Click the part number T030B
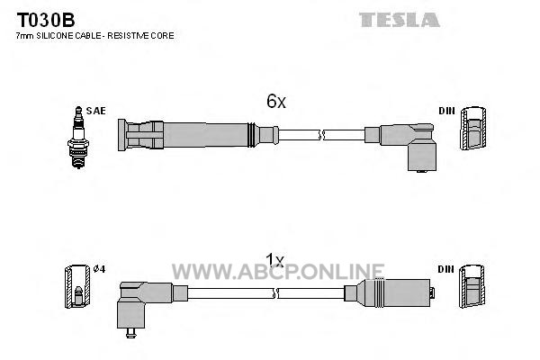point(46,21)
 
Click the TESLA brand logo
point(400,20)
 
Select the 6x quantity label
point(276,101)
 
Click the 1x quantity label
point(274,260)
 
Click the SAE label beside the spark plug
point(95,111)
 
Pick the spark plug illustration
point(78,137)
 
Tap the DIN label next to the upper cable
point(446,111)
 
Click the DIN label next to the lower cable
point(446,269)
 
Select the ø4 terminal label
point(99,269)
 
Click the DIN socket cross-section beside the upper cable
point(473,128)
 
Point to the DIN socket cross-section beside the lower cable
point(472,286)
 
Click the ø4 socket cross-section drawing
point(77,286)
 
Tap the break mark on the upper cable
point(321,135)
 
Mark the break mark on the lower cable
point(275,293)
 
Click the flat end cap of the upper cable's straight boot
point(121,135)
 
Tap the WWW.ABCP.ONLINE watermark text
point(278,272)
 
